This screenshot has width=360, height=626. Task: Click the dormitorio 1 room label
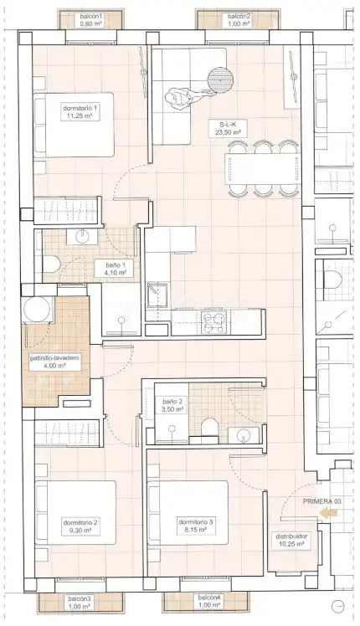tap(80, 112)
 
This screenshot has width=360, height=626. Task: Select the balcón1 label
tap(91, 20)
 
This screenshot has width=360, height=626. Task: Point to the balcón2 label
tap(239, 20)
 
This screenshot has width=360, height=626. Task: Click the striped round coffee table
tap(220, 79)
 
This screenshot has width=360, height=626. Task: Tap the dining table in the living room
tap(262, 168)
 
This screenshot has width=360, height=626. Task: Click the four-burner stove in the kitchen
tap(213, 322)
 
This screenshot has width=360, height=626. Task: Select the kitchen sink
tap(157, 295)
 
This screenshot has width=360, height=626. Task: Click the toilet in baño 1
tap(51, 264)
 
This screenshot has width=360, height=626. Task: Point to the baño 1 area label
tap(116, 269)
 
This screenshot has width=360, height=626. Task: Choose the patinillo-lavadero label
tap(54, 362)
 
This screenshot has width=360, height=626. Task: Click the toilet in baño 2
tap(210, 428)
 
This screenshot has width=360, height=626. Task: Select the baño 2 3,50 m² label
tap(173, 406)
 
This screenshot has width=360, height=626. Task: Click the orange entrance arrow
tap(327, 513)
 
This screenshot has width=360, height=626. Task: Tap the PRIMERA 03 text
tap(321, 501)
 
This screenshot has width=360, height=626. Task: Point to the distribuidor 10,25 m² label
tap(291, 540)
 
